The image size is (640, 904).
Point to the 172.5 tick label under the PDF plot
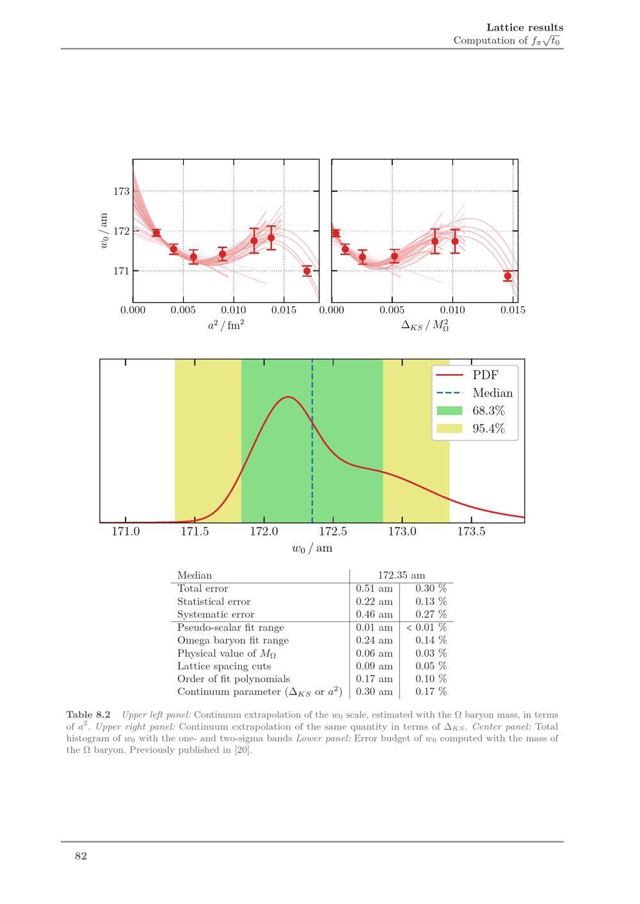point(333,532)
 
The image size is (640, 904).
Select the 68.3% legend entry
point(488,411)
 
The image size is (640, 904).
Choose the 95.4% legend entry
point(488,429)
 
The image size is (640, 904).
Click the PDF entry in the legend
point(485,375)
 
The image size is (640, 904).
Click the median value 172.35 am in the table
point(401,575)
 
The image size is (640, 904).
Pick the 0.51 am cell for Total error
point(374,589)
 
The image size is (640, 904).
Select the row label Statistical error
point(214,602)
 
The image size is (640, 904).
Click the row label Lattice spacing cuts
point(224,666)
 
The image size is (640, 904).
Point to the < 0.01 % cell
point(426,628)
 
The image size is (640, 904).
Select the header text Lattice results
point(525,27)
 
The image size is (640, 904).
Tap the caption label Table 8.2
point(88,715)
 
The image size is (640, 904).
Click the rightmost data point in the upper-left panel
point(307,271)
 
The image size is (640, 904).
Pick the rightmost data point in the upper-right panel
point(508,276)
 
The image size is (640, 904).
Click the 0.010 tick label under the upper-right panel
point(452,311)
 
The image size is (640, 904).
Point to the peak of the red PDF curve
point(289,397)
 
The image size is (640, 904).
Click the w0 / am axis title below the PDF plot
point(312,549)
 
